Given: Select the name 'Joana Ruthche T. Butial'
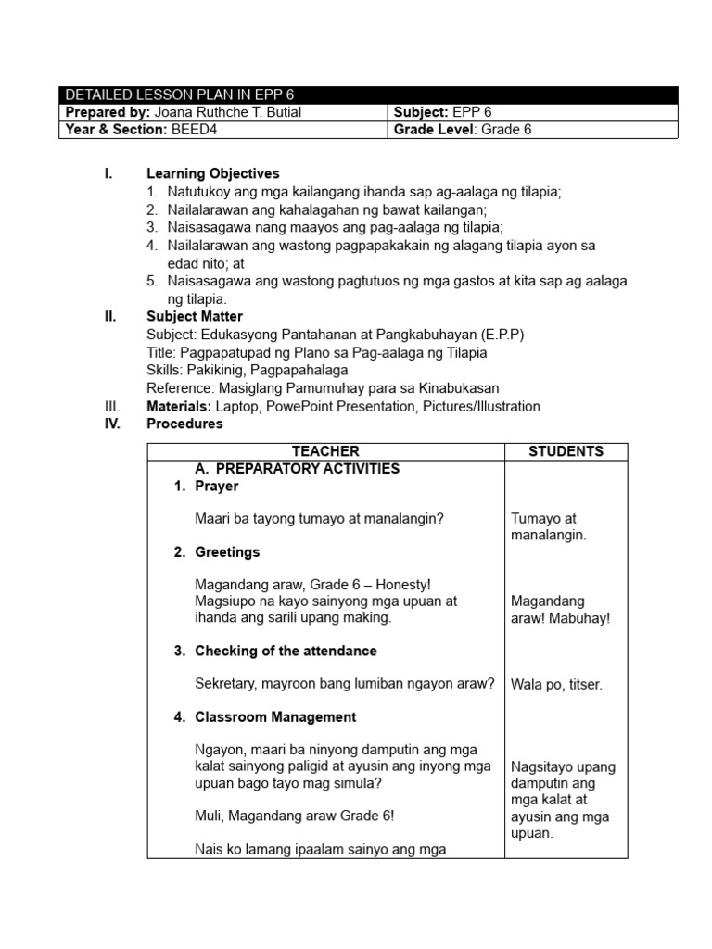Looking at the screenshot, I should tap(227, 112).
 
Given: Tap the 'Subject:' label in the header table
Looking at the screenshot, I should tap(421, 112).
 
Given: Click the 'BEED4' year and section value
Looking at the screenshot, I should tap(194, 130).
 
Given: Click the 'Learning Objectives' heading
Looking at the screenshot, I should tap(212, 173).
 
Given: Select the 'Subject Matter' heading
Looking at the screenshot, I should tap(195, 316).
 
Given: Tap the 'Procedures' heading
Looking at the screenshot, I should tap(184, 424).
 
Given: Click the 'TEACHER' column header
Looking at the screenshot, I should tap(325, 451).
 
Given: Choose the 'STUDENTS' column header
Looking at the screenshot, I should tap(566, 451).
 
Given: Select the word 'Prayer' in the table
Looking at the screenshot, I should tap(216, 486).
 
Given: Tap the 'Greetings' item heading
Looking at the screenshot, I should tap(227, 551).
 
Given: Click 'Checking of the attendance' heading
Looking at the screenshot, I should tap(286, 651).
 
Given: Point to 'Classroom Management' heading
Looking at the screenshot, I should tap(275, 716).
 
